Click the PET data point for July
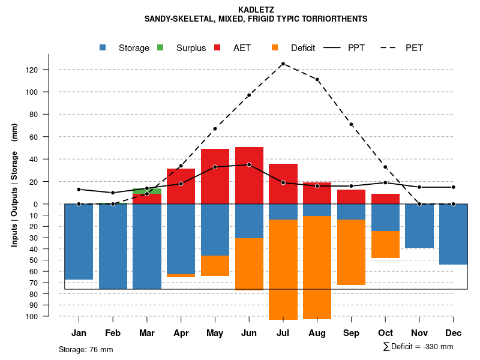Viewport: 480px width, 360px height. pyautogui.click(x=283, y=64)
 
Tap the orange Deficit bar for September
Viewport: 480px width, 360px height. pyautogui.click(x=351, y=252)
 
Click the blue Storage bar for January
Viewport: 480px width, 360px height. pyautogui.click(x=79, y=241)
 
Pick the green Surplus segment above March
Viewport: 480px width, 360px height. pyautogui.click(x=147, y=191)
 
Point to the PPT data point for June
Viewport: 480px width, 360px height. pyautogui.click(x=249, y=164)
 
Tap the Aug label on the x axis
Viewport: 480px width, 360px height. pyautogui.click(x=317, y=333)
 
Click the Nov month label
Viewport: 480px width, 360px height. pyautogui.click(x=419, y=333)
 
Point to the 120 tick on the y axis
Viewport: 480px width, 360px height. pyautogui.click(x=32, y=70)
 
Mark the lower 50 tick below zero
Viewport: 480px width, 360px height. pyautogui.click(x=34, y=260)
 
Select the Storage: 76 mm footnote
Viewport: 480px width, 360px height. pyautogui.click(x=86, y=349)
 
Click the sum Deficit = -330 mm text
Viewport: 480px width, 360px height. pyautogui.click(x=418, y=347)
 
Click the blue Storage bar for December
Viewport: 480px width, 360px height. pyautogui.click(x=453, y=234)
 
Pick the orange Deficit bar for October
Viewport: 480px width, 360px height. pyautogui.click(x=385, y=244)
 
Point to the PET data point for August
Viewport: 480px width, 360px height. pyautogui.click(x=317, y=79)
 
